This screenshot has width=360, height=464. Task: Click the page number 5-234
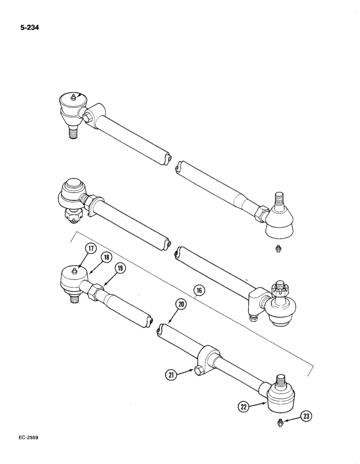(x=29, y=27)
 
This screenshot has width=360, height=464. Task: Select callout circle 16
(x=199, y=291)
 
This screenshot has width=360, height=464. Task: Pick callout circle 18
(x=106, y=258)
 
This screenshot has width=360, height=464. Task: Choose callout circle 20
(x=181, y=305)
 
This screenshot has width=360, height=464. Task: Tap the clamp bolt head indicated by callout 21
(x=199, y=369)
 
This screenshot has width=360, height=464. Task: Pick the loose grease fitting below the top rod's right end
(x=277, y=249)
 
